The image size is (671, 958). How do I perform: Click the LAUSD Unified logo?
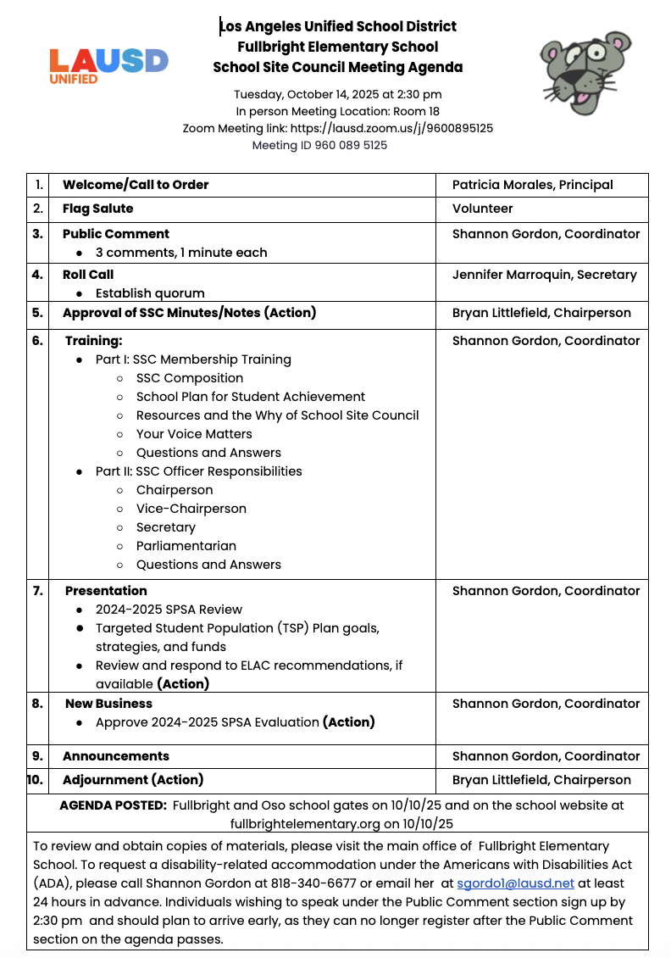108,64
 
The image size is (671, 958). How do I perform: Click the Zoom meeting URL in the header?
391,128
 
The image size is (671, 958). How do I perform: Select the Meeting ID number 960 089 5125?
351,145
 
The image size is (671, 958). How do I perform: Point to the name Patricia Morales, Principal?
532,185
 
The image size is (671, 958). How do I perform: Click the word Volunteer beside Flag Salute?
482,209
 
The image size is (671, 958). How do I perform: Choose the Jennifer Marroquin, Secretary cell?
544,275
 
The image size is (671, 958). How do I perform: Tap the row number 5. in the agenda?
37,313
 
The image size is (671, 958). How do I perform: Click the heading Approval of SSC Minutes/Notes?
189,313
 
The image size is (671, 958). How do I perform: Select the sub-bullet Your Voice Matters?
194,434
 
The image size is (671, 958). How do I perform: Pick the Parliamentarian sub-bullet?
186,546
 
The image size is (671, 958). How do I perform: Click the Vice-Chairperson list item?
191,509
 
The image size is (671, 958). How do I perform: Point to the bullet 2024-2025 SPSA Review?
169,610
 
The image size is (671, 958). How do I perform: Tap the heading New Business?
108,704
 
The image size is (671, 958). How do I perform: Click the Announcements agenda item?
116,756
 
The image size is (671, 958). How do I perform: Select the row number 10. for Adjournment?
36,780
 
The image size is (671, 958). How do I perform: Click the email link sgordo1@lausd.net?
515,883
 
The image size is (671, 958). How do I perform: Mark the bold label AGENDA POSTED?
113,805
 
